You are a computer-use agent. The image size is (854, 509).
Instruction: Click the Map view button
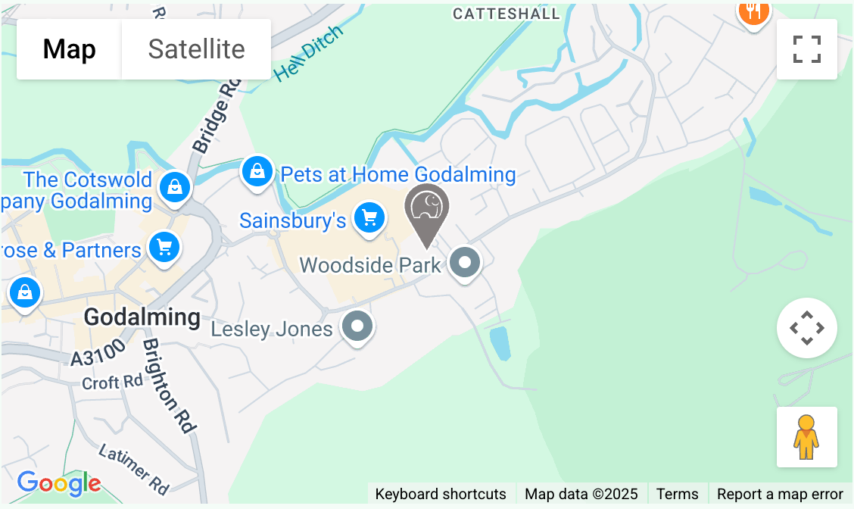[69, 49]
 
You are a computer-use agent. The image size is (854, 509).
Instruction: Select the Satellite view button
[196, 49]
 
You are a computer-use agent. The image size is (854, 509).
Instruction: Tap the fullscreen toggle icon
[806, 49]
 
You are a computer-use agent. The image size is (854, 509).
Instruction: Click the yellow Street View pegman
[806, 437]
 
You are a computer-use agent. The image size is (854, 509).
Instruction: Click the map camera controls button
[806, 328]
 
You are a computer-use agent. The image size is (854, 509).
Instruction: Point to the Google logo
[58, 483]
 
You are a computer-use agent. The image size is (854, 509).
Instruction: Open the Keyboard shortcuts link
[441, 494]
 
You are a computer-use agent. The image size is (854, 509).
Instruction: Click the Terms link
[677, 494]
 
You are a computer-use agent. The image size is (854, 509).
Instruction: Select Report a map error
[780, 494]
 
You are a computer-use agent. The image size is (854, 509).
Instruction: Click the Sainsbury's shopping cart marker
[369, 218]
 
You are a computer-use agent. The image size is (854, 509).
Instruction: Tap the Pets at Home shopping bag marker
[257, 172]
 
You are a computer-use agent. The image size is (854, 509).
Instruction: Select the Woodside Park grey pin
[465, 264]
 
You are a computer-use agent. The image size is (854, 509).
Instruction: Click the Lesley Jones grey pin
[357, 327]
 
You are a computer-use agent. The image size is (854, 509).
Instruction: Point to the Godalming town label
[142, 317]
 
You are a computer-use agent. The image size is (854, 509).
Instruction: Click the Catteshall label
[506, 14]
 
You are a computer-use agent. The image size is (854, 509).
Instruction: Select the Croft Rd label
[112, 383]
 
